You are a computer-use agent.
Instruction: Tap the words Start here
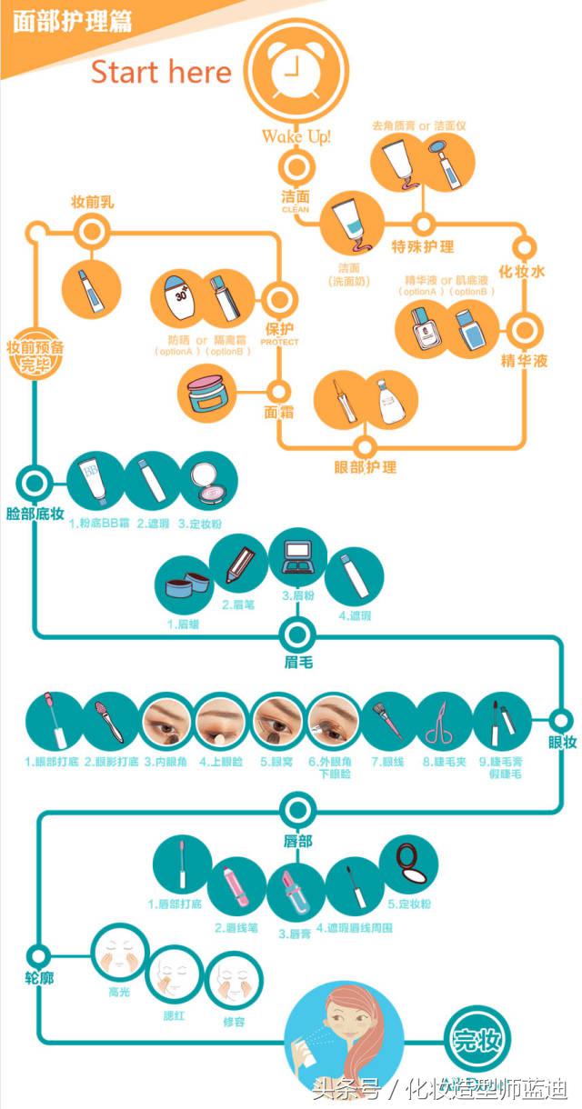pyautogui.click(x=162, y=73)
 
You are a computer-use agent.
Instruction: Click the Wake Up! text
pyautogui.click(x=296, y=136)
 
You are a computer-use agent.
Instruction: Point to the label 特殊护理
pyautogui.click(x=423, y=246)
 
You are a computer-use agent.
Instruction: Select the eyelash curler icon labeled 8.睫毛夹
pyautogui.click(x=445, y=721)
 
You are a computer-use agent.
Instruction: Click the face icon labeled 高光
pyautogui.click(x=120, y=955)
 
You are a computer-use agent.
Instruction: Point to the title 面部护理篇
pyautogui.click(x=72, y=20)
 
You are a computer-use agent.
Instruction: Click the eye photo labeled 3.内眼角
pyautogui.click(x=169, y=721)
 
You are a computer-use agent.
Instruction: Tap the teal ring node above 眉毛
pyautogui.click(x=296, y=634)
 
